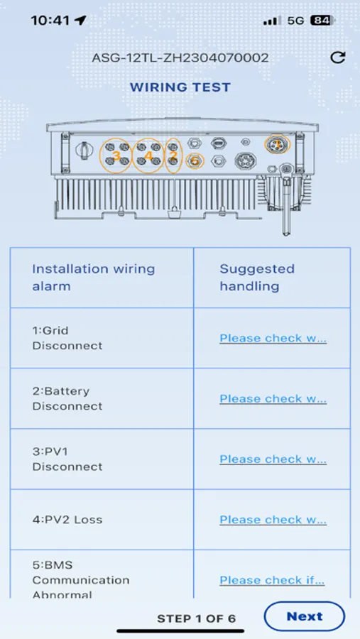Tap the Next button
coord(304,616)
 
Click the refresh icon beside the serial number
coord(337,58)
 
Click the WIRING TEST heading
coord(180,87)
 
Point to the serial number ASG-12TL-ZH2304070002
coord(180,58)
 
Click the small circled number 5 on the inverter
coord(195,162)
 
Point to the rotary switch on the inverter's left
coord(83,151)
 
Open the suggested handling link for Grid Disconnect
coord(273,338)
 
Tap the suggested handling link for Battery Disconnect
coord(273,398)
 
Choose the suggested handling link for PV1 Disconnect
coord(273,459)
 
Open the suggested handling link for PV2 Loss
coord(273,520)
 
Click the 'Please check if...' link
coord(272,580)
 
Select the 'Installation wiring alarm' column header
coord(93,278)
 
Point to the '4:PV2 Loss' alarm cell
coord(67,520)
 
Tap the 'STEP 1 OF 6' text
coord(196,618)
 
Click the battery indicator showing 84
coord(321,21)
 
